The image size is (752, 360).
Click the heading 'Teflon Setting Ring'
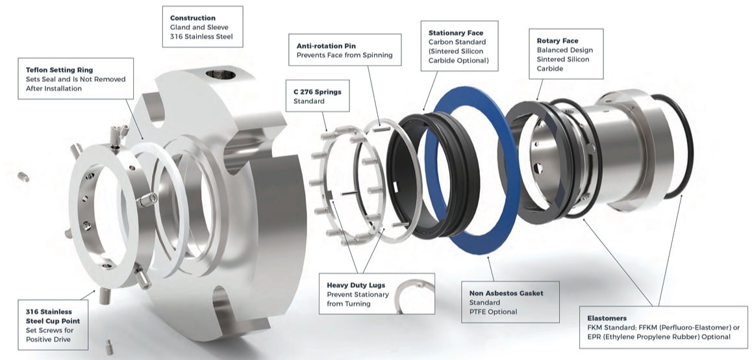[60, 70]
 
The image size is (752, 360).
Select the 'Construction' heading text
[193, 18]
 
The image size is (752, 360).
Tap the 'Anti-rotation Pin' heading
[326, 46]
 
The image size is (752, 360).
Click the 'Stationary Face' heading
[456, 32]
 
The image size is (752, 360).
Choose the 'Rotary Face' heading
[557, 41]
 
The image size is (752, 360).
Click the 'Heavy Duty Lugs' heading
[356, 285]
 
